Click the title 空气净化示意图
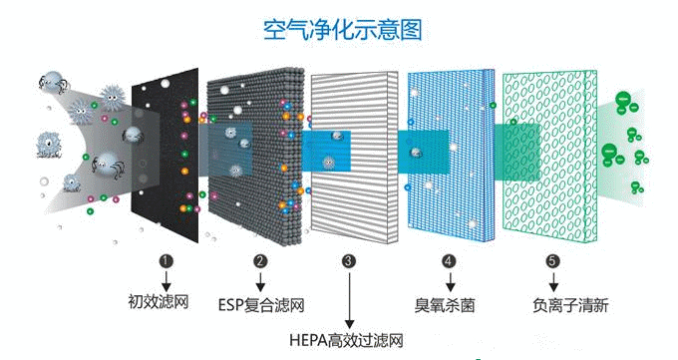click(x=341, y=30)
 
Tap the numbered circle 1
click(x=167, y=261)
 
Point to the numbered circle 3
click(x=348, y=261)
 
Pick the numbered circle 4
click(x=448, y=261)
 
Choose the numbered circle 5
click(x=551, y=261)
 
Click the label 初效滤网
click(x=159, y=302)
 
